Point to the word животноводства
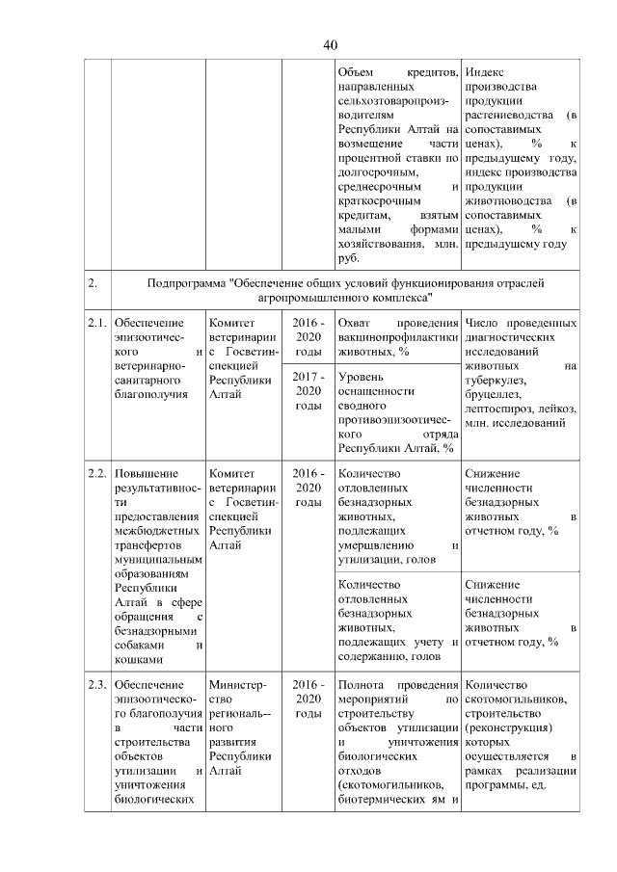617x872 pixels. [508, 200]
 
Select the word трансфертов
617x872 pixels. [146, 543]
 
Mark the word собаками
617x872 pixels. [140, 645]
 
